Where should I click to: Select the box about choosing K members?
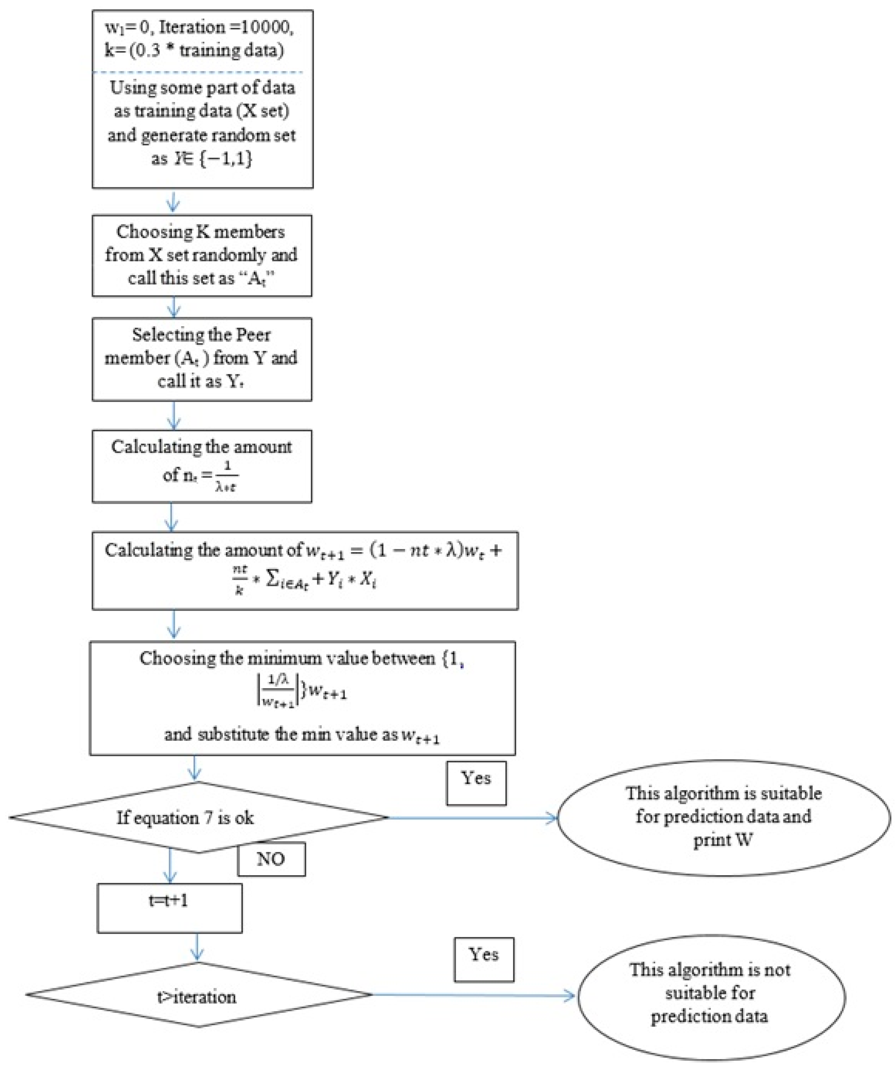(x=202, y=255)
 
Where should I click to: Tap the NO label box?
(x=271, y=859)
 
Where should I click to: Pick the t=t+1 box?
(x=169, y=908)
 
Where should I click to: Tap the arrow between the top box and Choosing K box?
(x=173, y=201)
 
